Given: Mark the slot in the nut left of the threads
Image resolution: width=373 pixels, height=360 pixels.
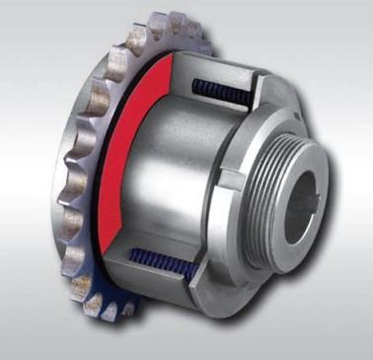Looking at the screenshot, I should pos(230,182).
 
